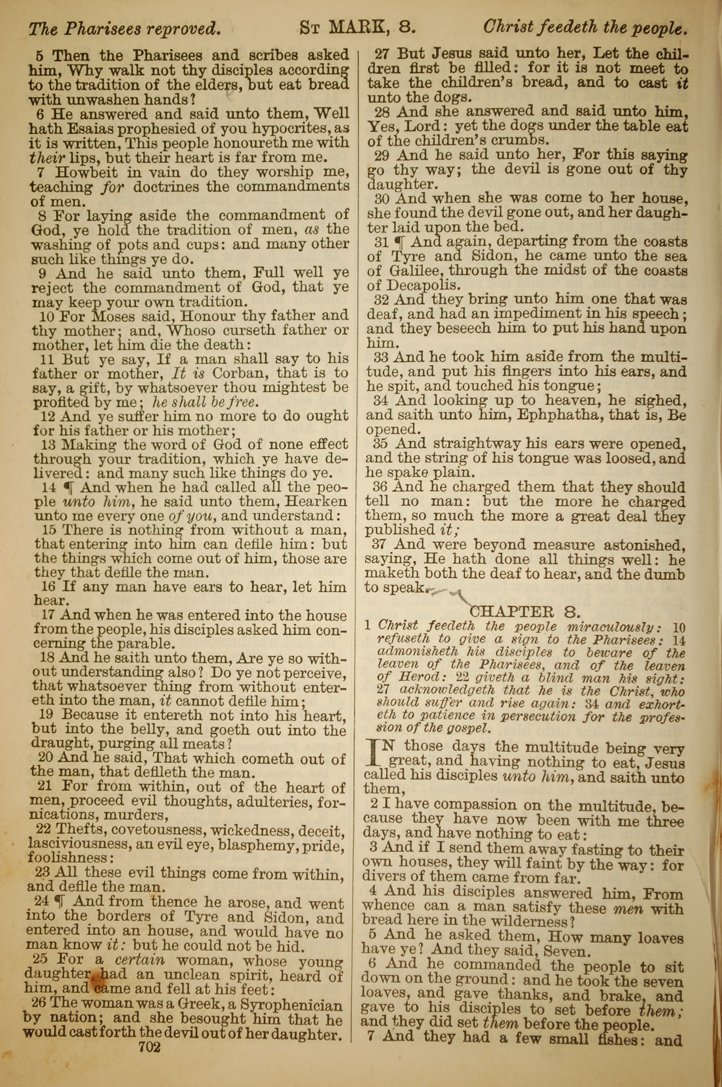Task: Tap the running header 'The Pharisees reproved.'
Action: point(124,30)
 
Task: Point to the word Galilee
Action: point(416,270)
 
